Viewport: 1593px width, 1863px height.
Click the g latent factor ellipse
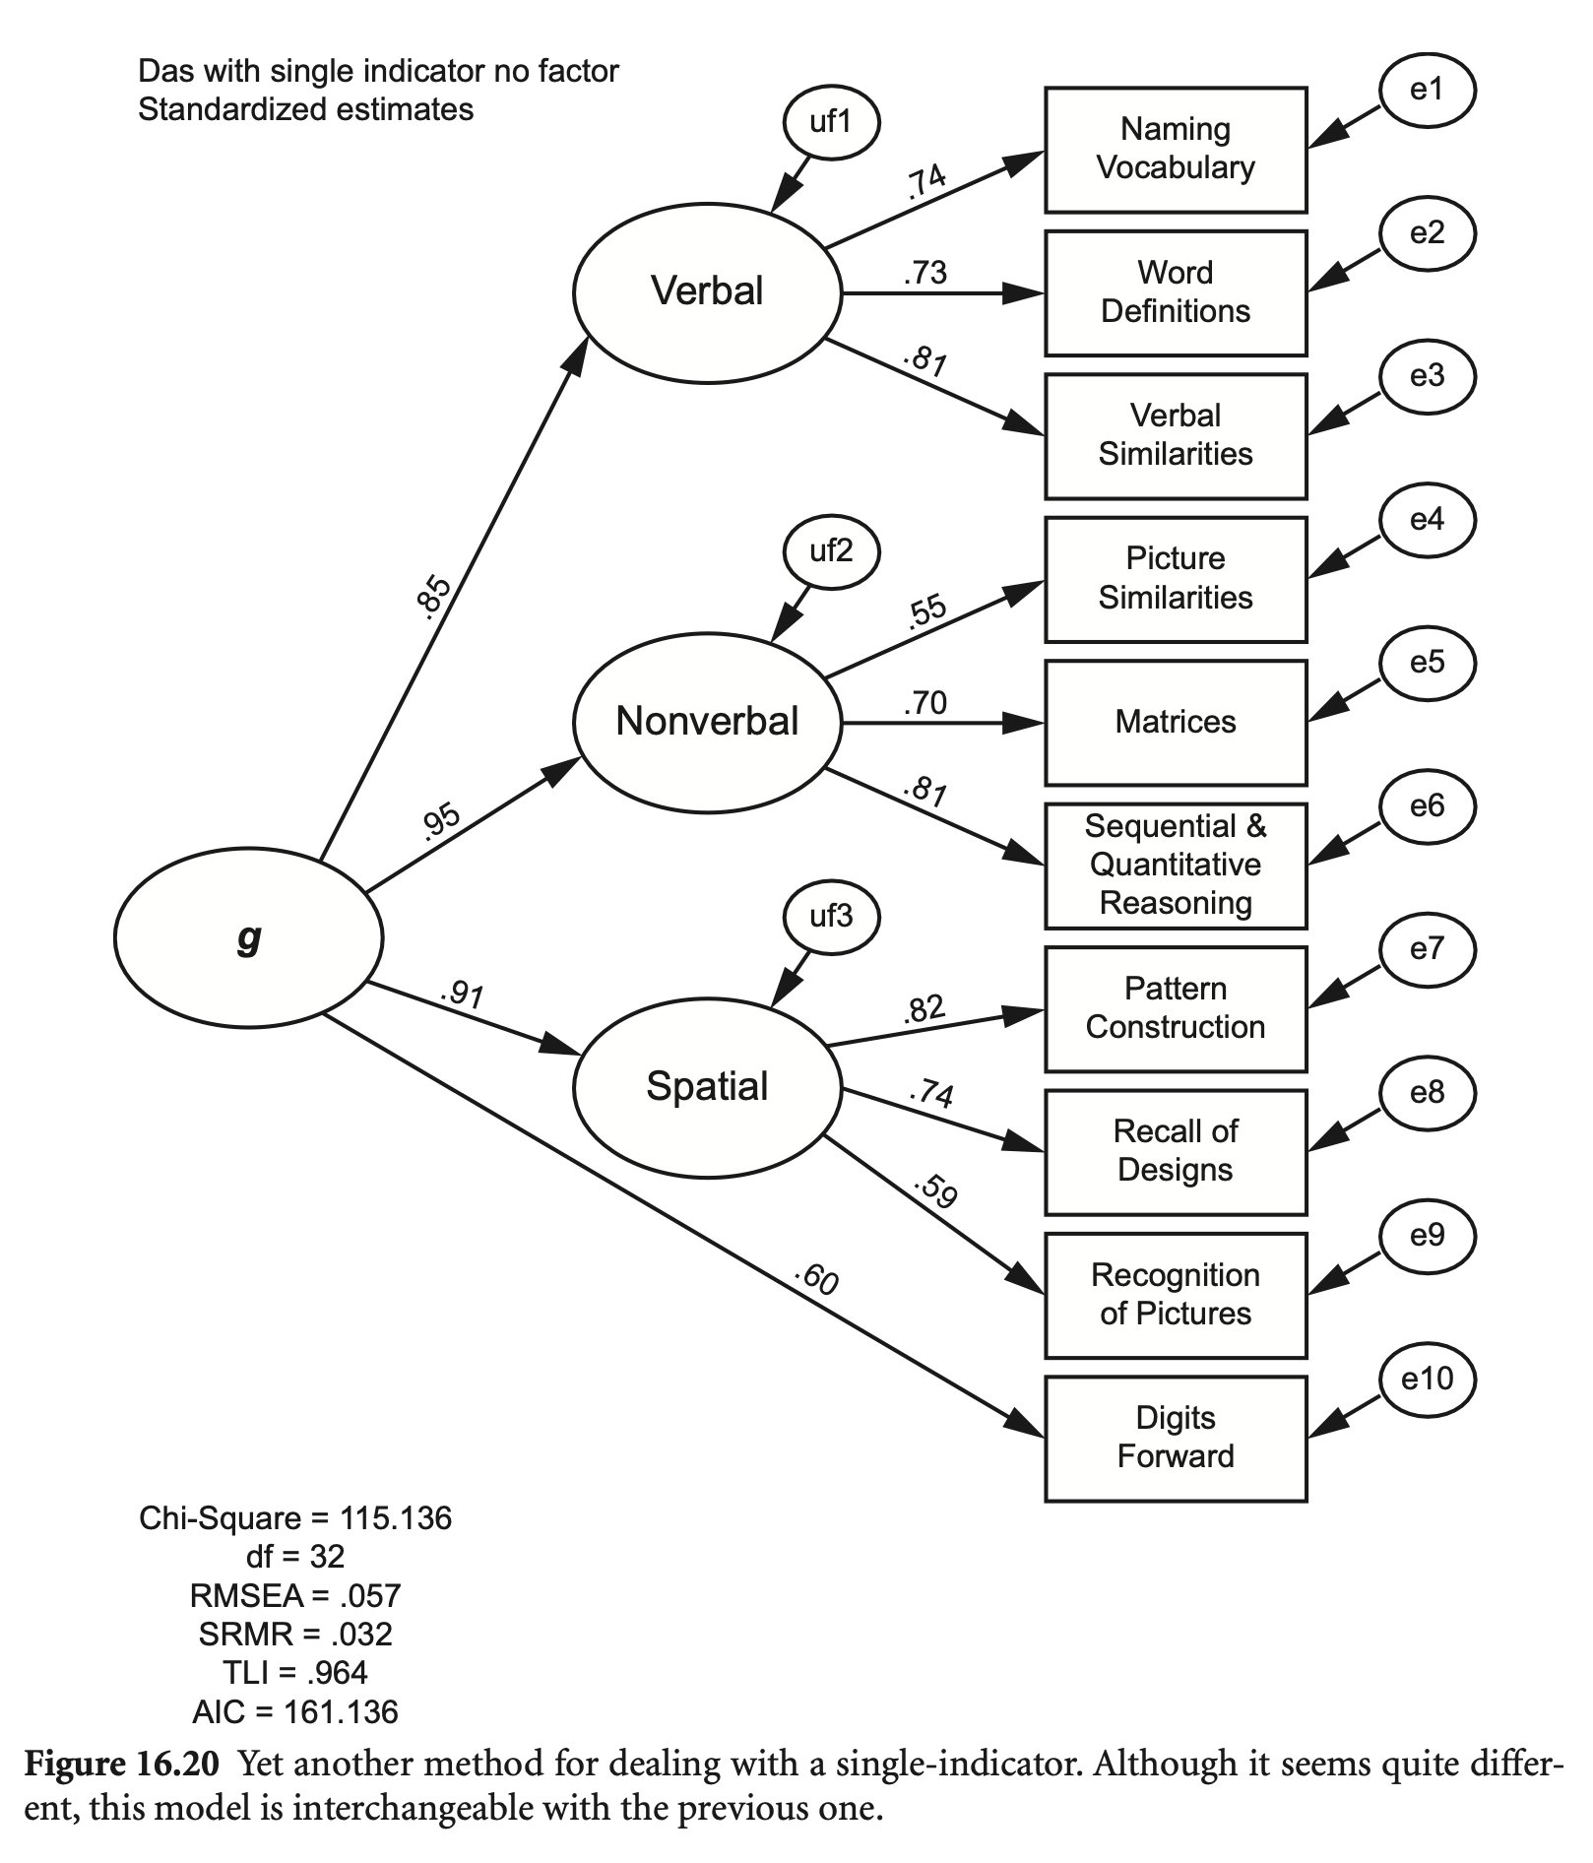click(x=248, y=937)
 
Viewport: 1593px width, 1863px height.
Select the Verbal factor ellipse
click(x=707, y=291)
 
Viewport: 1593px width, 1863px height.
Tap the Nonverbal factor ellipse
click(x=707, y=722)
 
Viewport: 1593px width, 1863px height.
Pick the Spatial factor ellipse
click(x=707, y=1087)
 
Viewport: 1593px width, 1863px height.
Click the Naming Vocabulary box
click(x=1176, y=150)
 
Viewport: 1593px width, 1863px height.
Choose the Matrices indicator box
click(x=1176, y=723)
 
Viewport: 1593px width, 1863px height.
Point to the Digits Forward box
click(x=1176, y=1438)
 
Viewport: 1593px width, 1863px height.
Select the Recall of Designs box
click(x=1176, y=1151)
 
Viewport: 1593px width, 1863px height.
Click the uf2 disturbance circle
click(x=831, y=551)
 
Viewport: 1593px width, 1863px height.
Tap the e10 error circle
click(x=1427, y=1380)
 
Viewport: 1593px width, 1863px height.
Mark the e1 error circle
click(x=1427, y=91)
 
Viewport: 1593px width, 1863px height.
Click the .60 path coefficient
click(x=817, y=1280)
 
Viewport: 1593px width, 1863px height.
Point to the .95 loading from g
click(x=440, y=820)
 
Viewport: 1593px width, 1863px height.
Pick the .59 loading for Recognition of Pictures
click(x=935, y=1190)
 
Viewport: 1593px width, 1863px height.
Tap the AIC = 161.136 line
click(x=295, y=1712)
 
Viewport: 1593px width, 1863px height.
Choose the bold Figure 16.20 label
click(x=120, y=1764)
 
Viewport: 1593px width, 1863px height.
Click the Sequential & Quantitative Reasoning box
click(x=1176, y=866)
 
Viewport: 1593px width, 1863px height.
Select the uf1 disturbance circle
click(x=831, y=122)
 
